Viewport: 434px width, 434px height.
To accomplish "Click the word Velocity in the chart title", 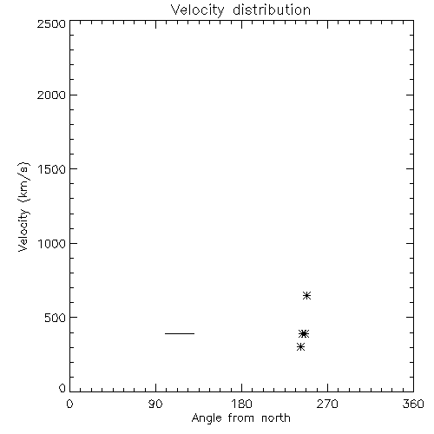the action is (197, 10).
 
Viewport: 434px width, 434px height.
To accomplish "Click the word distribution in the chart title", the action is (272, 10).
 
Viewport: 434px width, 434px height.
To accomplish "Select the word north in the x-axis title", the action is (276, 418).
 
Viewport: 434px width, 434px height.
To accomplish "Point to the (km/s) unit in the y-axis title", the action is (23, 182).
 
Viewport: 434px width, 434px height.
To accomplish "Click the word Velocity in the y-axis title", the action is (23, 230).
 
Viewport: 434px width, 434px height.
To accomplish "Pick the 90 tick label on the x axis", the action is (155, 404).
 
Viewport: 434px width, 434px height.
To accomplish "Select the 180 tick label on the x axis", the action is (241, 404).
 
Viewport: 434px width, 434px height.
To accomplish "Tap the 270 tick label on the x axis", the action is (327, 404).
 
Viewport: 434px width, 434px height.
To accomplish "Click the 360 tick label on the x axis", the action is (413, 404).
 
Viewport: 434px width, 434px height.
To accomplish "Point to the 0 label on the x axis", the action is (69, 404).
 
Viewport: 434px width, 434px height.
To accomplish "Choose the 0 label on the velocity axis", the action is (62, 388).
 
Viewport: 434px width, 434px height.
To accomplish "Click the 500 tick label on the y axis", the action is (56, 318).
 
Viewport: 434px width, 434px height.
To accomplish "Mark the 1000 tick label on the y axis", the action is (52, 244).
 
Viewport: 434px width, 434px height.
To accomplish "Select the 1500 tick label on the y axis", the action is (52, 169).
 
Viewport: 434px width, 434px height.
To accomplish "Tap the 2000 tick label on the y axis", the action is (51, 95).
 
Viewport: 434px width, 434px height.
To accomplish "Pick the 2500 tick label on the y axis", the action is (51, 23).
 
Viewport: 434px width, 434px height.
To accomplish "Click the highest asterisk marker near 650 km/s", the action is (306, 295).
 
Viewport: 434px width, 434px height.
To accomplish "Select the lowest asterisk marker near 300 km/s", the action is (300, 346).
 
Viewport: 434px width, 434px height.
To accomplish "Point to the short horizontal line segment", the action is (180, 333).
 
